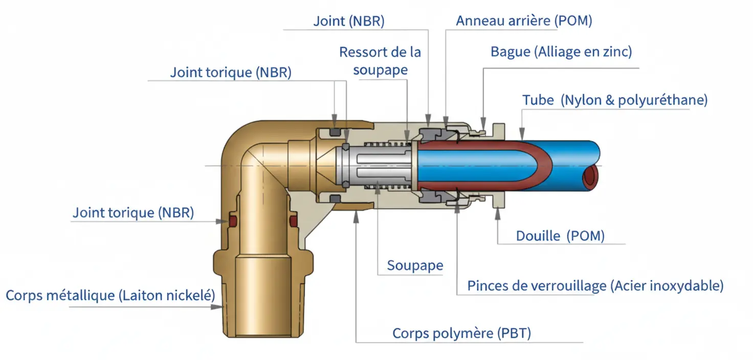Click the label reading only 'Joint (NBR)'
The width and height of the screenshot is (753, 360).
click(348, 21)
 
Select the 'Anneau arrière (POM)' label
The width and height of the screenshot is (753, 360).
click(524, 21)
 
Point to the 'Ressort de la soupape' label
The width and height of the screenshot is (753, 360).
click(380, 61)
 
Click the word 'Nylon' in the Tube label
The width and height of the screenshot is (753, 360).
click(582, 100)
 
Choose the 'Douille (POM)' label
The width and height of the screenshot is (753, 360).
click(560, 236)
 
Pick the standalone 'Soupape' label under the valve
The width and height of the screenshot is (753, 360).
click(415, 265)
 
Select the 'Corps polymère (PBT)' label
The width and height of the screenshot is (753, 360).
click(461, 333)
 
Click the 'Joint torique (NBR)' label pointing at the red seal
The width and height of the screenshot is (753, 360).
click(133, 213)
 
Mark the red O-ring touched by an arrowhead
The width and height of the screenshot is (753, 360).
click(232, 221)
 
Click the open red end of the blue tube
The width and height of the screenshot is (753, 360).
click(591, 176)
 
